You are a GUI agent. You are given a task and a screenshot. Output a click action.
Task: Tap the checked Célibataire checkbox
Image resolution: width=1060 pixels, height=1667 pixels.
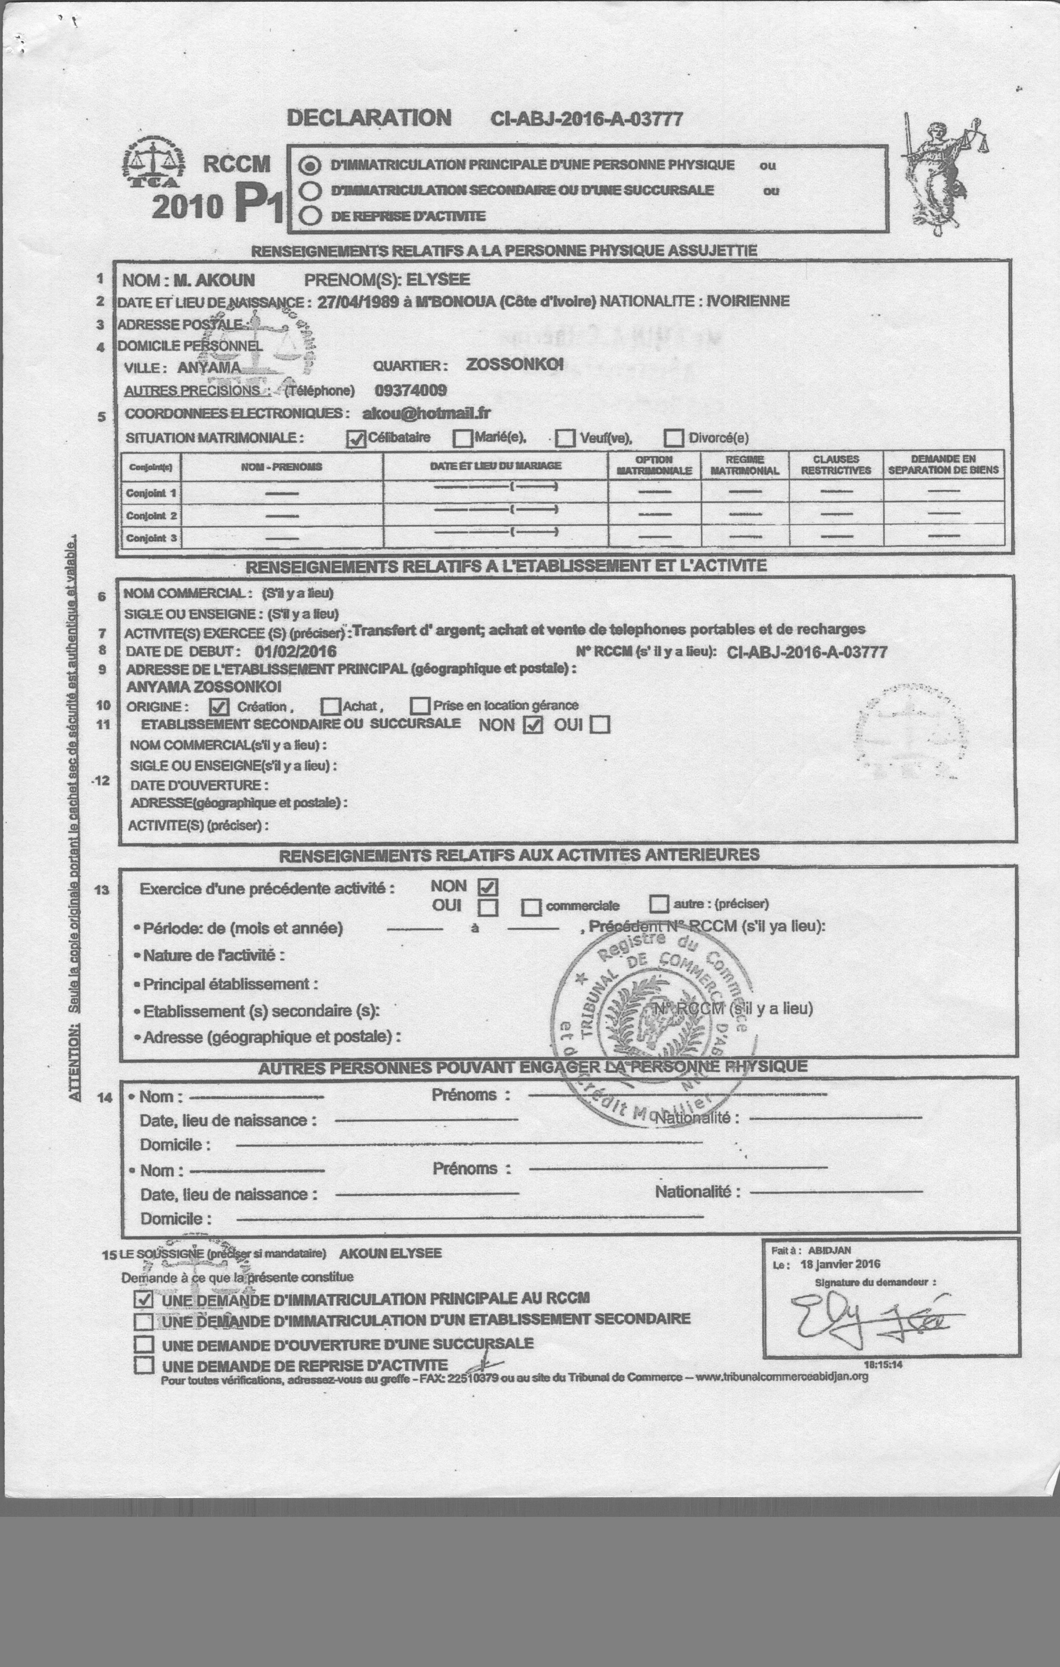[356, 439]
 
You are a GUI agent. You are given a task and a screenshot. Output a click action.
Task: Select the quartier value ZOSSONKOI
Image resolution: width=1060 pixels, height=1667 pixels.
[514, 364]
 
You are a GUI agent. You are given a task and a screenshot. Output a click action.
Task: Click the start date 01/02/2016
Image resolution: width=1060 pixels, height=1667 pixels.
[295, 651]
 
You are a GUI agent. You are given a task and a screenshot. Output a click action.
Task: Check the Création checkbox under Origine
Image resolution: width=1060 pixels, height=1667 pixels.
[219, 707]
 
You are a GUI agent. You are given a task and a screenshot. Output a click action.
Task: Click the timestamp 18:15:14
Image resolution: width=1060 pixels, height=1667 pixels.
[883, 1365]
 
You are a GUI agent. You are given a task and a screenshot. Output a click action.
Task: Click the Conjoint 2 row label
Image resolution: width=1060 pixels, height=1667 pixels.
[151, 516]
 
